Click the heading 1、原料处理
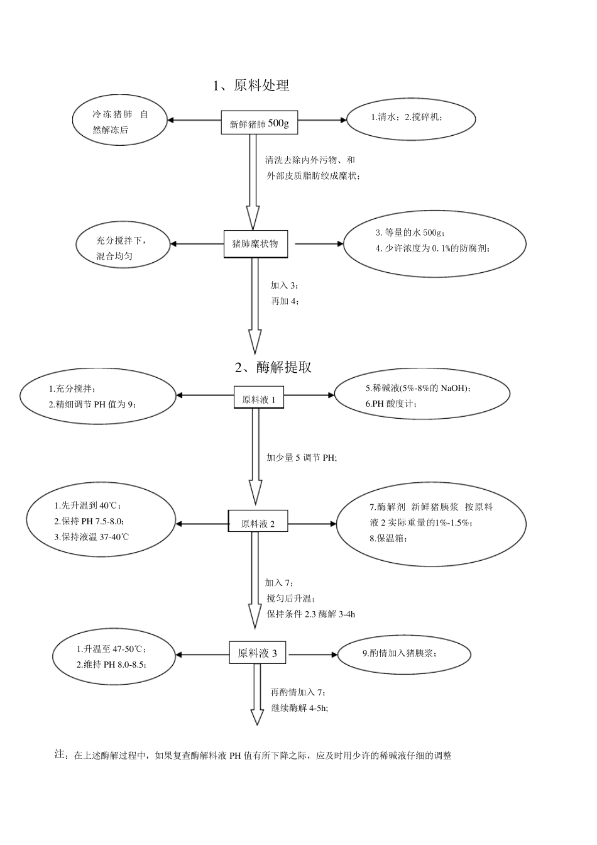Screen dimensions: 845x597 click(251, 86)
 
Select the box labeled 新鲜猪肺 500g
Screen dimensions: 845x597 click(259, 123)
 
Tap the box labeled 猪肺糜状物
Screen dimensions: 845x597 click(255, 244)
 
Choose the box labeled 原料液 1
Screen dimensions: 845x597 click(258, 398)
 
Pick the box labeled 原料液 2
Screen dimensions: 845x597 click(258, 523)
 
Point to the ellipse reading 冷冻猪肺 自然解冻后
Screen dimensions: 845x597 click(120, 122)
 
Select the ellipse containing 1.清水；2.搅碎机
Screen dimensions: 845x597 click(411, 118)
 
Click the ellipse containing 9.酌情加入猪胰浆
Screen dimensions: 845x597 click(404, 653)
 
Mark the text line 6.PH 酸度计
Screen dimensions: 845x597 click(390, 404)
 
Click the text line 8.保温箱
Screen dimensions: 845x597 click(388, 538)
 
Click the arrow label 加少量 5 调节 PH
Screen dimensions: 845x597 click(302, 458)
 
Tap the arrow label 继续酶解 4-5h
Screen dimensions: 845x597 click(299, 708)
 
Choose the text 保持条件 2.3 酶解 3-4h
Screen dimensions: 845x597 click(310, 614)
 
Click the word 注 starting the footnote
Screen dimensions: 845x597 click(60, 754)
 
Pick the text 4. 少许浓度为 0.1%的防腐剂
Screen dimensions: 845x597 click(433, 248)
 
